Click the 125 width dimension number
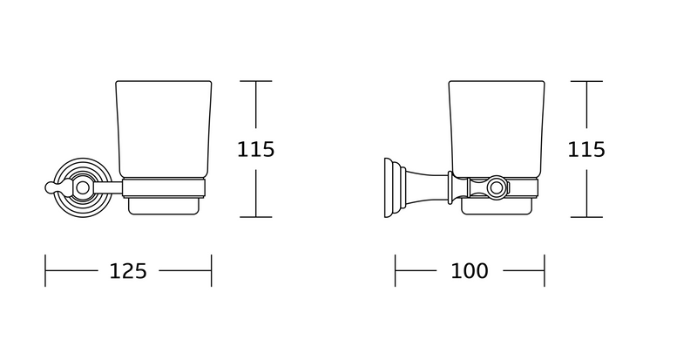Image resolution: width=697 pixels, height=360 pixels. (128, 271)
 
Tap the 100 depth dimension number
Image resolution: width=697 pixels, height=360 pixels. (470, 271)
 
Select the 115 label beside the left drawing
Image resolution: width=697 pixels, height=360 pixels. (255, 150)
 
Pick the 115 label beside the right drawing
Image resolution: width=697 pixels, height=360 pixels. (586, 150)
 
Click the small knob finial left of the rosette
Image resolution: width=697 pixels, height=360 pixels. (50, 187)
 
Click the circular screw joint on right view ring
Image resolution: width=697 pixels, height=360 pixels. (496, 187)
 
